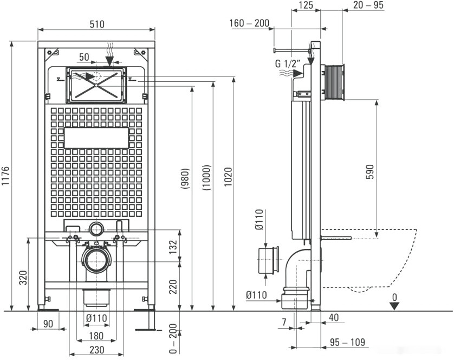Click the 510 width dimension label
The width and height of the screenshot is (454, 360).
pyautogui.click(x=97, y=24)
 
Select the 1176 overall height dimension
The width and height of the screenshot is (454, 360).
pyautogui.click(x=6, y=176)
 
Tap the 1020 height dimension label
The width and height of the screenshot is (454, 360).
pyautogui.click(x=229, y=177)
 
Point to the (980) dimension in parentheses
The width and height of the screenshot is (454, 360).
pyautogui.click(x=185, y=178)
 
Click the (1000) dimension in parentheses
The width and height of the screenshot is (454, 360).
pyautogui.click(x=207, y=178)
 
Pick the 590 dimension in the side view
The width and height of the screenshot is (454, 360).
pyautogui.click(x=370, y=172)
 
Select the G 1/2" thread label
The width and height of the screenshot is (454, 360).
pyautogui.click(x=288, y=63)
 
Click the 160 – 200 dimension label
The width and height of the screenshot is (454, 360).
pyautogui.click(x=249, y=23)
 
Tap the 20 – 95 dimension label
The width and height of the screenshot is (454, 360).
pyautogui.click(x=368, y=5)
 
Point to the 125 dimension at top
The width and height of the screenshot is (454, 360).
pyautogui.click(x=306, y=5)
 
